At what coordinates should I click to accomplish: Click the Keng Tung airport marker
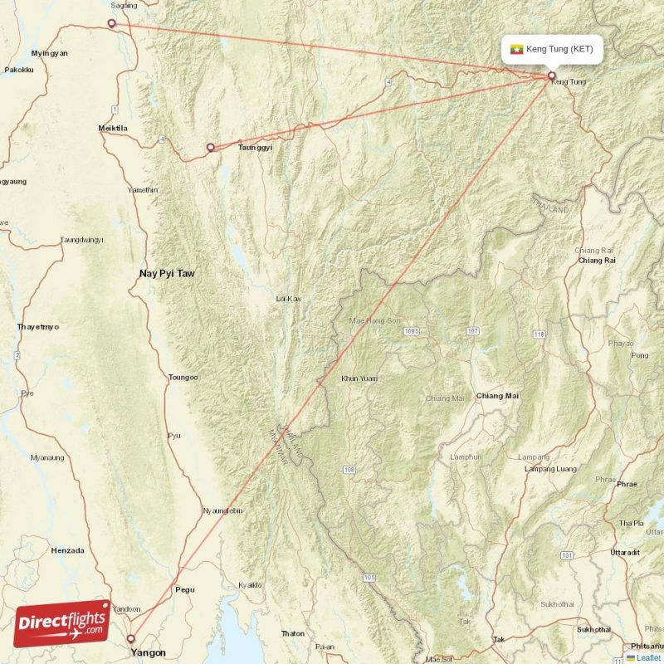[x=551, y=76]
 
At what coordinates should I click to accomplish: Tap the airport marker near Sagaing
[x=112, y=24]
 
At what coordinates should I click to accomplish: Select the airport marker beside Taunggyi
[x=211, y=148]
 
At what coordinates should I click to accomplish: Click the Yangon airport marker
[x=131, y=638]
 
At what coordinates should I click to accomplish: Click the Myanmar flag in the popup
[x=517, y=49]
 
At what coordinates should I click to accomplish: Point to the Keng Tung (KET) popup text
[x=559, y=49]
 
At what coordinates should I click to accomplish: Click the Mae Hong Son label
[x=374, y=320]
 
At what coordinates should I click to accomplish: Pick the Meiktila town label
[x=113, y=129]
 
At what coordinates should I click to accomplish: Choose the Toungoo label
[x=183, y=378]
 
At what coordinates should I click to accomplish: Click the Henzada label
[x=67, y=549]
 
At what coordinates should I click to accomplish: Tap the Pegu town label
[x=185, y=589]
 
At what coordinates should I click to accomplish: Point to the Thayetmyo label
[x=38, y=327]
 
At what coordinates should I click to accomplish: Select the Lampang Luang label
[x=552, y=470]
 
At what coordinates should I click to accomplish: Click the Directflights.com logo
[x=61, y=623]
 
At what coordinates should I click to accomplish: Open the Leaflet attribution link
[x=647, y=657]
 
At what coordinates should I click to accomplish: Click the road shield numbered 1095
[x=413, y=332]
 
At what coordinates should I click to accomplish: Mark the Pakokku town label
[x=19, y=71]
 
